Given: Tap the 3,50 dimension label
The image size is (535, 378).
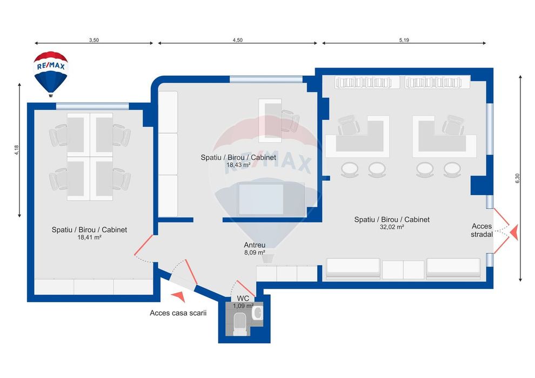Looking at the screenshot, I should pyautogui.click(x=93, y=39).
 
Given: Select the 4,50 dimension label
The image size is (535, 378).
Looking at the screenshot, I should pyautogui.click(x=237, y=39).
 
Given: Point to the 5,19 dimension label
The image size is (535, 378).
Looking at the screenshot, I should pyautogui.click(x=404, y=39).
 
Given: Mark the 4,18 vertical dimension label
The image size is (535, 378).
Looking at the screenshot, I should pyautogui.click(x=16, y=150).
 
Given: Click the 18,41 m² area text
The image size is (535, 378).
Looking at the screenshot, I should pyautogui.click(x=89, y=237).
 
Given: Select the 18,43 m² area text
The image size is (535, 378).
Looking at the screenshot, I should pyautogui.click(x=238, y=165).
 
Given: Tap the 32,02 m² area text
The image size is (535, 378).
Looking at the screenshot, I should pyautogui.click(x=392, y=227).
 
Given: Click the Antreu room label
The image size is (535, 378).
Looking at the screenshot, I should pyautogui.click(x=254, y=245).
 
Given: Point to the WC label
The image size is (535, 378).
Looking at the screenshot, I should pyautogui.click(x=243, y=298).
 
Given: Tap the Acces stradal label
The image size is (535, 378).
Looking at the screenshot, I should pyautogui.click(x=482, y=230).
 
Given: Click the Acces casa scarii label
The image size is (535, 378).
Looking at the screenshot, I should pyautogui.click(x=178, y=313).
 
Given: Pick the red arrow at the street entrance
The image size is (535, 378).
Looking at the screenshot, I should pyautogui.click(x=514, y=233).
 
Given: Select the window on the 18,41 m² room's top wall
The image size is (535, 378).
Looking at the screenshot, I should pyautogui.click(x=92, y=106).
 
